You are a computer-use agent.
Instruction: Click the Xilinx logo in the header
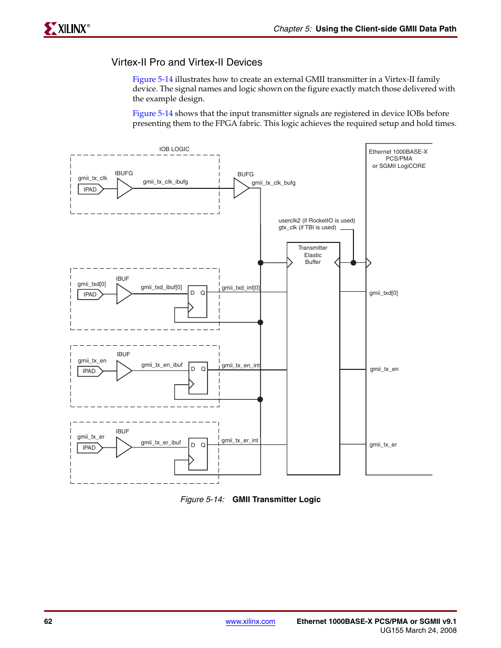pyautogui.click(x=67, y=29)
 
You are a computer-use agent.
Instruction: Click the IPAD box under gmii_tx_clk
pyautogui.click(x=91, y=189)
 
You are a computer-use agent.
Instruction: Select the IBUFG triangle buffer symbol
pyautogui.click(x=125, y=188)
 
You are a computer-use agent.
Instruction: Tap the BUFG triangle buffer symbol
pyautogui.click(x=242, y=188)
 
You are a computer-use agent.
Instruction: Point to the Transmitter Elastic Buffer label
pyautogui.click(x=312, y=255)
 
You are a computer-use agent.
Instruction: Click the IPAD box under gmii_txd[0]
pyautogui.click(x=90, y=294)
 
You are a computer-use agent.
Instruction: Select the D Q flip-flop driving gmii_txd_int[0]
pyautogui.click(x=197, y=302)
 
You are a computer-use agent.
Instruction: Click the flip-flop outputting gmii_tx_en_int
pyautogui.click(x=198, y=378)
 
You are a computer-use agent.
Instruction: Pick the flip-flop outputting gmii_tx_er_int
pyautogui.click(x=198, y=454)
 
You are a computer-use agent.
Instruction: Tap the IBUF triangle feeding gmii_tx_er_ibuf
pyautogui.click(x=124, y=448)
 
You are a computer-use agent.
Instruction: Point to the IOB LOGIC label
pyautogui.click(x=174, y=149)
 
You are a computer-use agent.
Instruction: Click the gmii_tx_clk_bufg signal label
pyautogui.click(x=273, y=183)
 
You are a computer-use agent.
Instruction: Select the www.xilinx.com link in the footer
pyautogui.click(x=250, y=621)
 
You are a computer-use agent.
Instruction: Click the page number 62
pyautogui.click(x=48, y=621)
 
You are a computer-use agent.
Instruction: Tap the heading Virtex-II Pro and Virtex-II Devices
pyautogui.click(x=187, y=62)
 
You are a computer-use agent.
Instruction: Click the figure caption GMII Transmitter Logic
pyautogui.click(x=276, y=500)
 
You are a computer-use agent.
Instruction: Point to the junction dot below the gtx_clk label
pyautogui.click(x=353, y=263)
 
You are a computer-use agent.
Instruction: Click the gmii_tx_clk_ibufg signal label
pyautogui.click(x=165, y=182)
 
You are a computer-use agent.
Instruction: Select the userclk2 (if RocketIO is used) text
pyautogui.click(x=317, y=221)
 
